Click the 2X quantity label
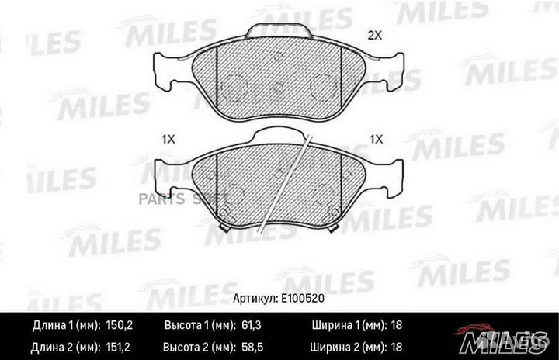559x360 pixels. coord(375,35)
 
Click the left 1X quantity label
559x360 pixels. coord(168,139)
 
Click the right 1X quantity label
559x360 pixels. coord(377,139)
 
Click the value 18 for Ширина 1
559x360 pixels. coord(395,326)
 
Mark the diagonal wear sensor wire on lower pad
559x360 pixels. coord(287,182)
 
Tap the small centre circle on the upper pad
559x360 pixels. coord(276,87)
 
